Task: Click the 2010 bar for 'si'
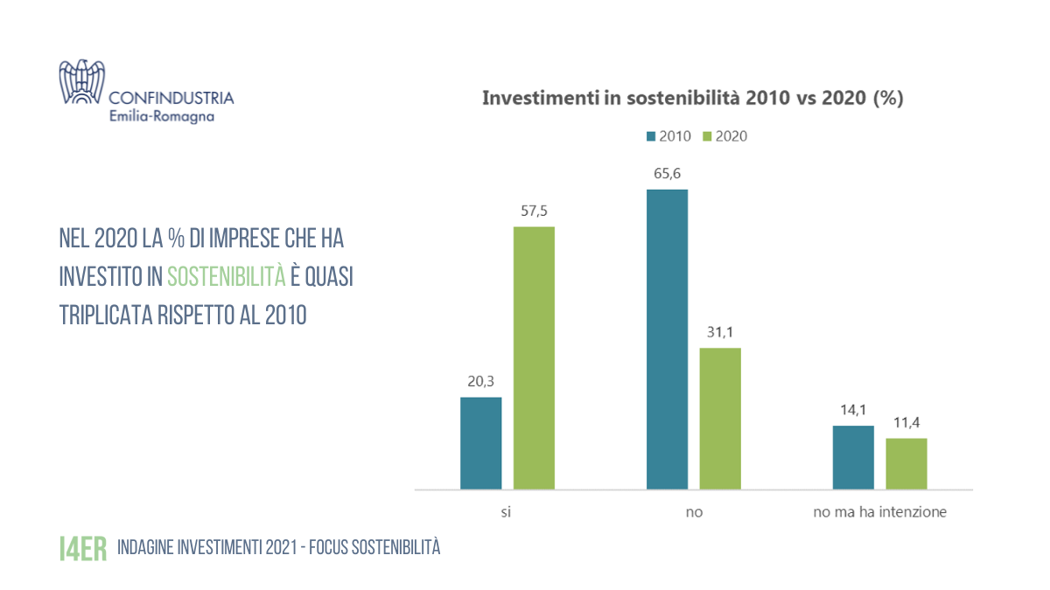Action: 480,443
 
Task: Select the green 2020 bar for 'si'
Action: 534,357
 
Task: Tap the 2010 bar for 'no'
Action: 667,339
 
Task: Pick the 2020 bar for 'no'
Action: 720,419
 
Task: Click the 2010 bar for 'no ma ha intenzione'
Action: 853,457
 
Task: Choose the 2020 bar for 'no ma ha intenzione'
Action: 906,463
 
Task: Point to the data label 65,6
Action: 667,174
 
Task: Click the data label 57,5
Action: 534,212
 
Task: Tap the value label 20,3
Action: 480,382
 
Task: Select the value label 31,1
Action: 720,333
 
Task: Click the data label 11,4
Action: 906,423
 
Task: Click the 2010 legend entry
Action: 669,136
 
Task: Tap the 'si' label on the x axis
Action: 507,512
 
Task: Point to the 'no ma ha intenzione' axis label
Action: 879,512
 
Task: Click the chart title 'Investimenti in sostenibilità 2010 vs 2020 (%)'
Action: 692,98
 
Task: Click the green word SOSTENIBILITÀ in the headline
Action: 227,276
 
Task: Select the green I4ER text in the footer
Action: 83,548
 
